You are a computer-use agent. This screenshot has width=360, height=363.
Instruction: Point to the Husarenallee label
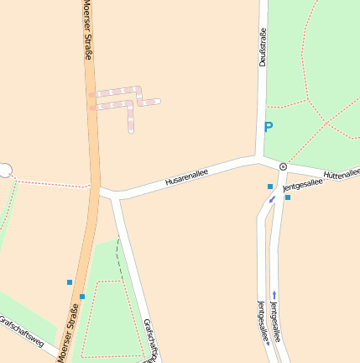pos(186,177)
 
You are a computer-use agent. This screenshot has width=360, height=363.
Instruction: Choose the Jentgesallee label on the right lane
pos(278,320)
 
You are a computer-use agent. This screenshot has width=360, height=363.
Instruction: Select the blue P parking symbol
pos(269,128)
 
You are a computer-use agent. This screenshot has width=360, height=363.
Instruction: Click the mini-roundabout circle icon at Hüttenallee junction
pos(284,166)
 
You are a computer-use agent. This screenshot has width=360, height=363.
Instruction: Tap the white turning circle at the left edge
pos(4,171)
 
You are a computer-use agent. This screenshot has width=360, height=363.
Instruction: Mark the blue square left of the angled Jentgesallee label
pos(270,187)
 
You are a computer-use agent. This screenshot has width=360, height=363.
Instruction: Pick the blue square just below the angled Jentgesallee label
pos(288,197)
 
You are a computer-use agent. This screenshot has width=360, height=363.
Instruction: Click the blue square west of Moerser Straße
pos(70,282)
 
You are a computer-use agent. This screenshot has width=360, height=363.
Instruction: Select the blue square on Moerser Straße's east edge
pos(82,297)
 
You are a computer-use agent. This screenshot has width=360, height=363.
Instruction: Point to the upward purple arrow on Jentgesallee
pos(274,294)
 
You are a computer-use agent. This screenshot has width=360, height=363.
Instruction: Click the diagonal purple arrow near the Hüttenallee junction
pos(272,199)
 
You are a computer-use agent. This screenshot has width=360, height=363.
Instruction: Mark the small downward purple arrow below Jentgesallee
pos(268,343)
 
